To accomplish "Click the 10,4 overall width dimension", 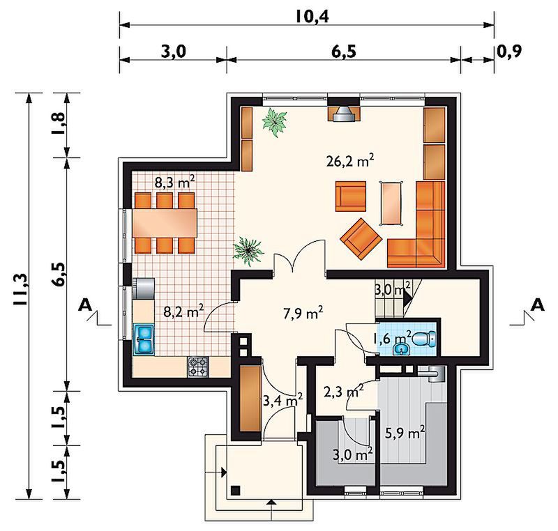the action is [x=312, y=17].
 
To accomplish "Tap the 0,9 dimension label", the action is [x=509, y=52].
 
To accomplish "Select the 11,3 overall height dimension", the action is [x=20, y=289].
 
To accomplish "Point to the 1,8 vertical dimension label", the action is [x=59, y=123].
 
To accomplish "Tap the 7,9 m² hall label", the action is [x=303, y=314].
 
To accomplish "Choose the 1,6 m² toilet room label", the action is [x=392, y=337].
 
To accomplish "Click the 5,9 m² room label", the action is [x=405, y=433].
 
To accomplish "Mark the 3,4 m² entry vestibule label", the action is [x=282, y=401].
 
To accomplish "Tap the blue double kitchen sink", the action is [x=144, y=339].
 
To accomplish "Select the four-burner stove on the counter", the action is [x=198, y=367].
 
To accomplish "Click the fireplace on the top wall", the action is [x=343, y=113].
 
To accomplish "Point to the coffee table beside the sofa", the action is [x=391, y=203].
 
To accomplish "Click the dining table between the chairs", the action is [x=165, y=223].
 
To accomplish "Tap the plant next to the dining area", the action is [x=248, y=251].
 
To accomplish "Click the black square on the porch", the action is [x=236, y=490].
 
